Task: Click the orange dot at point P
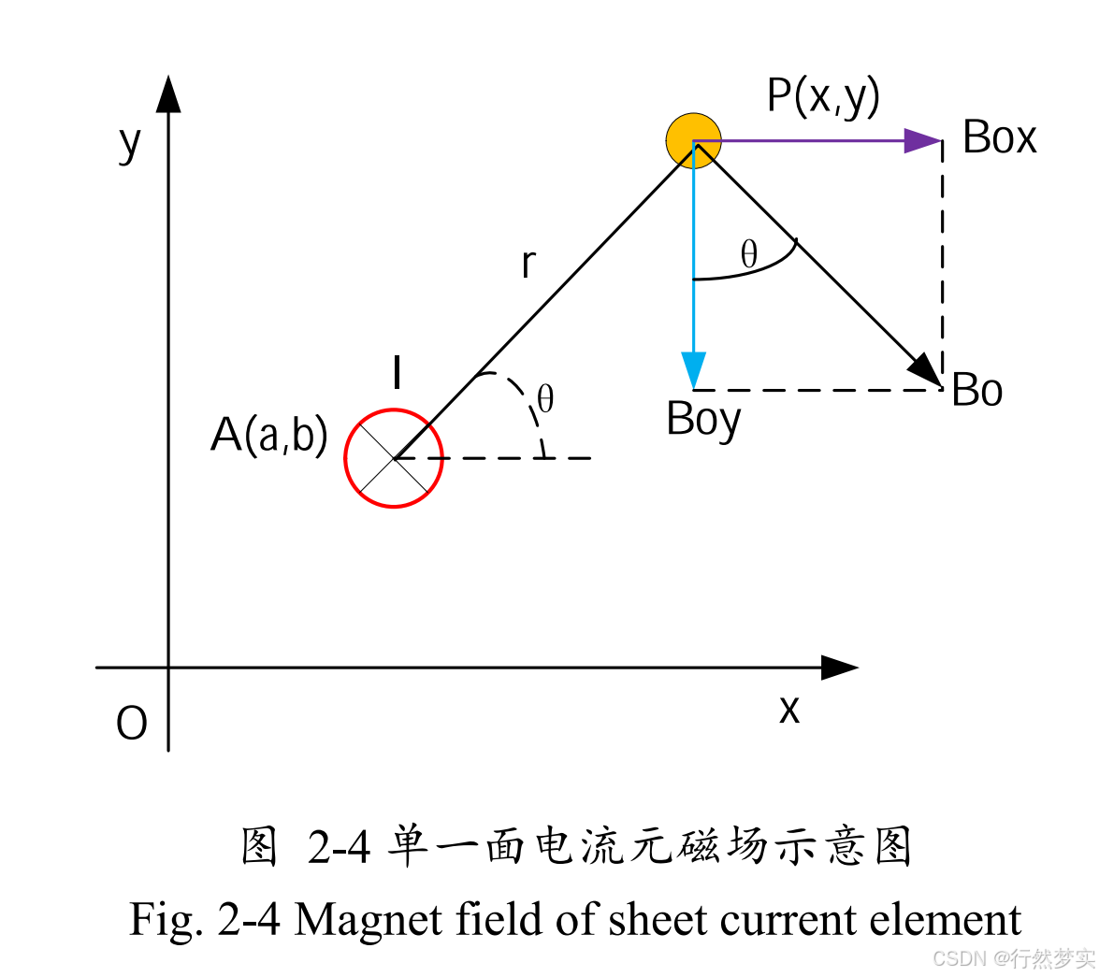(693, 140)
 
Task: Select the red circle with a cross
(394, 458)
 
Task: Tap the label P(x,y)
(823, 95)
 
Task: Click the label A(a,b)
(269, 435)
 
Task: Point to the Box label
(999, 138)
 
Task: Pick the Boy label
(703, 420)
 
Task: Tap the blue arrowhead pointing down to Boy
(693, 369)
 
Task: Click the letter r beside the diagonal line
(528, 265)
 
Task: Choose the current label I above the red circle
(398, 373)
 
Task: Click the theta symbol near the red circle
(545, 400)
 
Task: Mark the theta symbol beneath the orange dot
(749, 254)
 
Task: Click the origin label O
(132, 724)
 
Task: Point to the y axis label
(130, 143)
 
